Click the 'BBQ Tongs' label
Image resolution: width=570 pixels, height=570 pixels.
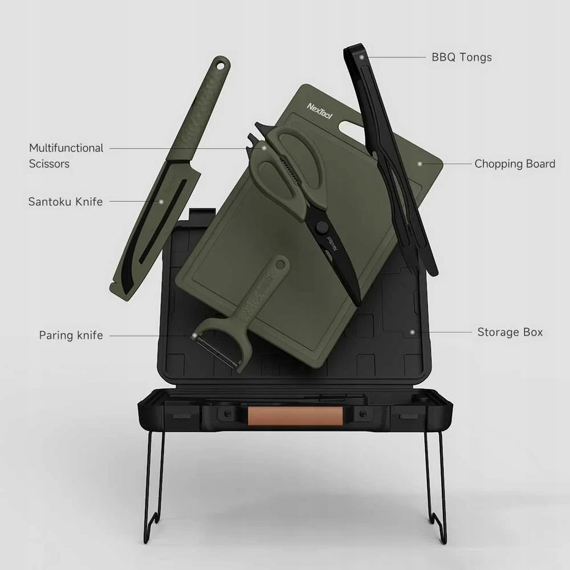coord(462,58)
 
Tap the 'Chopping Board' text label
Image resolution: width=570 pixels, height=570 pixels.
coord(515,164)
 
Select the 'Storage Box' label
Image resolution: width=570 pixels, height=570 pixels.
coord(510,332)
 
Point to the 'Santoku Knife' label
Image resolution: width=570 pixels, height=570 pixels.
coord(66,201)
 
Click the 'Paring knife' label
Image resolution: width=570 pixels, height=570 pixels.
coord(71,335)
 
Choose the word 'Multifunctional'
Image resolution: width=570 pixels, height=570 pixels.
coord(66,148)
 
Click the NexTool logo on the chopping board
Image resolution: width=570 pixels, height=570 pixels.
coord(320,111)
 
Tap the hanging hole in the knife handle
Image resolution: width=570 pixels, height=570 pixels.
coord(220,66)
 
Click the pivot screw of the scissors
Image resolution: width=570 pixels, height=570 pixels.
coord(321,227)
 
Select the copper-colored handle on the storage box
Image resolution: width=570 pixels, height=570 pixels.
coord(295,416)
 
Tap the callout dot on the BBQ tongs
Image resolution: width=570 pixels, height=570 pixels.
coord(362,57)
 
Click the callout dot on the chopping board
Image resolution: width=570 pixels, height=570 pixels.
coord(420,164)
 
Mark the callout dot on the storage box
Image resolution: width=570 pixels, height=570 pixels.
coord(412,332)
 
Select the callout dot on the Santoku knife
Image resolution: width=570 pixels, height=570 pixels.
coord(161,201)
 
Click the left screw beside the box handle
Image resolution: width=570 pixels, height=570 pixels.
coord(227,414)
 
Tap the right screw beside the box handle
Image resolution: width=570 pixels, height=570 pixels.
coord(363,414)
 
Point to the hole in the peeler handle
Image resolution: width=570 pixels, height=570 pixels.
coord(280,264)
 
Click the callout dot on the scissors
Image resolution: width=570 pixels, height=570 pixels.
coord(264,148)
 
